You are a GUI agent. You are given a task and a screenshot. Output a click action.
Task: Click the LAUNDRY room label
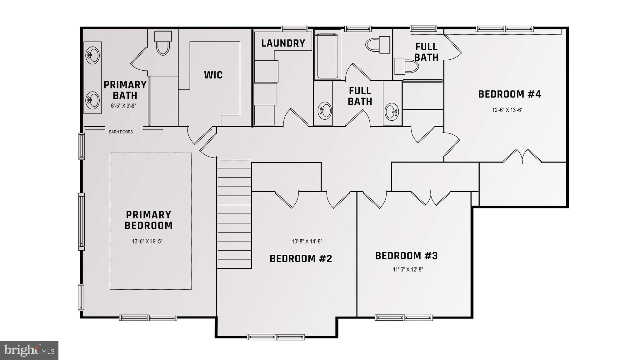[283, 43]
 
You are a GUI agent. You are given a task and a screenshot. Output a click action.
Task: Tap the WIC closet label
[213, 75]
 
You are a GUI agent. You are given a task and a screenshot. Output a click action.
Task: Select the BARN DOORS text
[121, 132]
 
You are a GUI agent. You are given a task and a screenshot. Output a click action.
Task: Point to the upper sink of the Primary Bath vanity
[93, 56]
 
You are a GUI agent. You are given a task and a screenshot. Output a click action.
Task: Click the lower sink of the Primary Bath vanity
[93, 100]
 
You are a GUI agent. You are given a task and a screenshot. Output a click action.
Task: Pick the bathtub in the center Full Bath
[327, 55]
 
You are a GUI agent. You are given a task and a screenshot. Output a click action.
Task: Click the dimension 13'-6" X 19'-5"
[147, 241]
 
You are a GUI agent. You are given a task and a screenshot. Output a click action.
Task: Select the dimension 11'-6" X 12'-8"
[408, 269]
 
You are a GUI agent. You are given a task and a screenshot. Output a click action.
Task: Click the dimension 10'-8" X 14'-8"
[307, 241]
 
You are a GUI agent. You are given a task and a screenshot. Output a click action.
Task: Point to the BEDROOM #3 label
[406, 256]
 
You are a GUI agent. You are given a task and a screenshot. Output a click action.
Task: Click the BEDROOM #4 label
[510, 94]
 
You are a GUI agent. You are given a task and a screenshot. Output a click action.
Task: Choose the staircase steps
[234, 214]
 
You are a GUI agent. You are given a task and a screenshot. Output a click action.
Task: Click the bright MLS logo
[29, 350]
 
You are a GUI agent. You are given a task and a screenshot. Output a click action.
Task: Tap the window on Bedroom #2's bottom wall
[276, 337]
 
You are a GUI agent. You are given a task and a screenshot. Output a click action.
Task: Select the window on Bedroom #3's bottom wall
[404, 317]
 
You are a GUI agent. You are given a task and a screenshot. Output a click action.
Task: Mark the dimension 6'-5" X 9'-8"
[123, 106]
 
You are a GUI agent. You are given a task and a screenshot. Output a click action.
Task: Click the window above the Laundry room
[294, 29]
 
